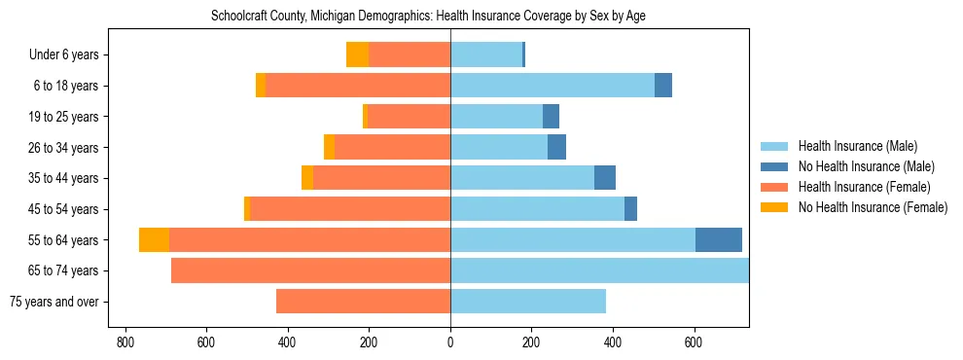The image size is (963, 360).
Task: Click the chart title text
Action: (x=428, y=16)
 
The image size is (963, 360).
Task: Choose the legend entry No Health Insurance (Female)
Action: (x=872, y=207)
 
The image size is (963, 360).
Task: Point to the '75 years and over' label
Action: (x=53, y=302)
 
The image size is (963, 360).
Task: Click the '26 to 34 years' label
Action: (x=63, y=147)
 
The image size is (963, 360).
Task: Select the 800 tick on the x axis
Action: (x=125, y=342)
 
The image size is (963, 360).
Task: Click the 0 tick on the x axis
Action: (x=450, y=342)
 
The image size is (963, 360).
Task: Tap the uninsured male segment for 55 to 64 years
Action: (x=719, y=239)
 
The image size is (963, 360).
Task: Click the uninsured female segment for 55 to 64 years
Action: (x=154, y=239)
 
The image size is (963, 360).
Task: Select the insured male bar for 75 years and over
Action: (x=528, y=302)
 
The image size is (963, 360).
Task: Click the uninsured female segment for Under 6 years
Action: (x=357, y=54)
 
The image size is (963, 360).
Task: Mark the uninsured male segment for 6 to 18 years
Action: (x=663, y=86)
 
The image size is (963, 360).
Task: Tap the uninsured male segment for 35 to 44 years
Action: (x=605, y=178)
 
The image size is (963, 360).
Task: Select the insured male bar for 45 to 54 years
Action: (x=537, y=209)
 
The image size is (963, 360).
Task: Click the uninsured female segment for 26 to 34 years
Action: (x=329, y=147)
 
